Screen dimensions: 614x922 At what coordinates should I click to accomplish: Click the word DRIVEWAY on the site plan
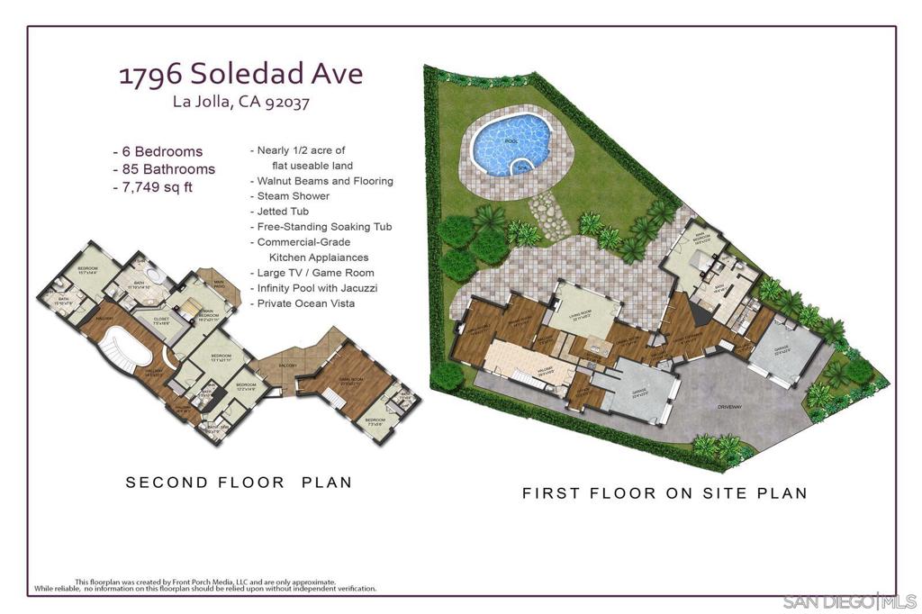point(729,407)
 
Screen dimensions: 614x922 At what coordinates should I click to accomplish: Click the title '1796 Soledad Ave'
point(241,74)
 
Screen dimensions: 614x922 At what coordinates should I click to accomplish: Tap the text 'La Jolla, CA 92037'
point(241,102)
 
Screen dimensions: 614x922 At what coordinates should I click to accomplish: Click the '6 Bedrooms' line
point(158,151)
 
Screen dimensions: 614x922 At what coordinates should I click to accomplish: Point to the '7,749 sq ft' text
point(152,187)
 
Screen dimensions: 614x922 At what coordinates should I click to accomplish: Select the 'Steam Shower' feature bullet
point(293,196)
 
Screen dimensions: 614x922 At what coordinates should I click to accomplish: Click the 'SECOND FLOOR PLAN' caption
point(239,483)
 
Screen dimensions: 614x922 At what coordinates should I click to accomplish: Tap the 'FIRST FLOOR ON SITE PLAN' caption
point(664,493)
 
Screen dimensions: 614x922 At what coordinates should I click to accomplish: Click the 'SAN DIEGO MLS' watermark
point(849,600)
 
